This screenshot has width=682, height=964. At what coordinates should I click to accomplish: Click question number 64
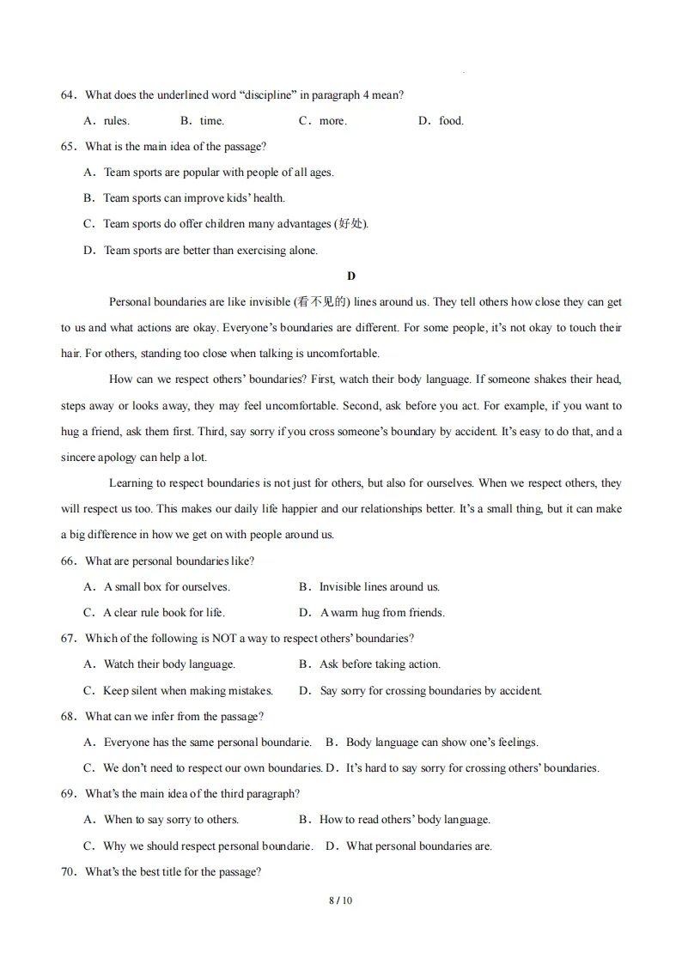pyautogui.click(x=68, y=95)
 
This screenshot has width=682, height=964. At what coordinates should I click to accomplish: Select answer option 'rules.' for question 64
pyautogui.click(x=116, y=121)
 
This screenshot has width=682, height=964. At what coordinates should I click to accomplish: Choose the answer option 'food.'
pyautogui.click(x=451, y=121)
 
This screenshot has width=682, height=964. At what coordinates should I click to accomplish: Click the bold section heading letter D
pyautogui.click(x=350, y=276)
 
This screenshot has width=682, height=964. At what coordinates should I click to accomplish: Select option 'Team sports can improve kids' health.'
pyautogui.click(x=193, y=198)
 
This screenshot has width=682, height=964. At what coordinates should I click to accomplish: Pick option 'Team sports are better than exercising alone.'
pyautogui.click(x=210, y=251)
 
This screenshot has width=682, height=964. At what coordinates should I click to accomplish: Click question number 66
pyautogui.click(x=68, y=561)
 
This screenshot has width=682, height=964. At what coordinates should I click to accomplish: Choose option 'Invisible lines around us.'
pyautogui.click(x=379, y=587)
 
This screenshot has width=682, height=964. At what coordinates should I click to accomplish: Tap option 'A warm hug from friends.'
pyautogui.click(x=382, y=613)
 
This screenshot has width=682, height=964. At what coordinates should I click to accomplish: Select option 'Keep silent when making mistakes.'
pyautogui.click(x=187, y=691)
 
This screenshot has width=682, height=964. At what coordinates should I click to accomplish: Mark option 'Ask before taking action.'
pyautogui.click(x=380, y=664)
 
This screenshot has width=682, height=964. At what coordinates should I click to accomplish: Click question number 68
pyautogui.click(x=68, y=717)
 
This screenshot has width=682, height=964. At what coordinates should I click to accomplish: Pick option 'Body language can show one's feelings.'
pyautogui.click(x=441, y=743)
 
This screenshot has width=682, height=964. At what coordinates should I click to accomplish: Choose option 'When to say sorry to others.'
pyautogui.click(x=171, y=820)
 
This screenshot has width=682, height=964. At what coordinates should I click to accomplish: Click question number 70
pyautogui.click(x=68, y=872)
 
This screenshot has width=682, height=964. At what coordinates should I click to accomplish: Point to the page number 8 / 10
pyautogui.click(x=341, y=900)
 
